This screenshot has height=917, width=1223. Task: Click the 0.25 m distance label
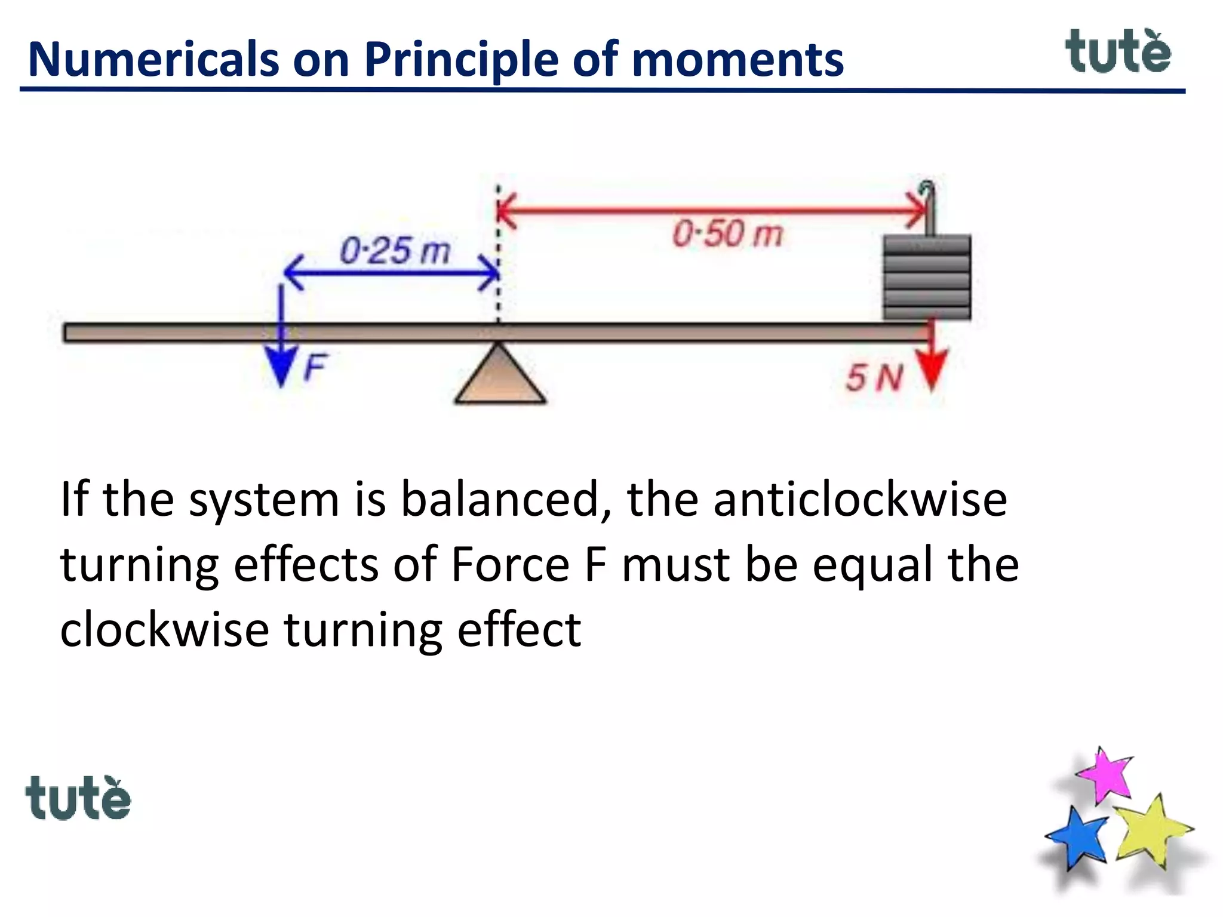[395, 250]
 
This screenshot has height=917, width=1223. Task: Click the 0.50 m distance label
[727, 233]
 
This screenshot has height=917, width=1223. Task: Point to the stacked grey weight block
[927, 278]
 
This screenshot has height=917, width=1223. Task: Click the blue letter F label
[315, 367]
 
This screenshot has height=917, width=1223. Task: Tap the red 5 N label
[874, 378]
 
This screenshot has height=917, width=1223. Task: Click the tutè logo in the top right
[1118, 52]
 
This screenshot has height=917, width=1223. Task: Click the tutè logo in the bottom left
[78, 798]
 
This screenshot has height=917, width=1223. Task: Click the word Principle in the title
[461, 60]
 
